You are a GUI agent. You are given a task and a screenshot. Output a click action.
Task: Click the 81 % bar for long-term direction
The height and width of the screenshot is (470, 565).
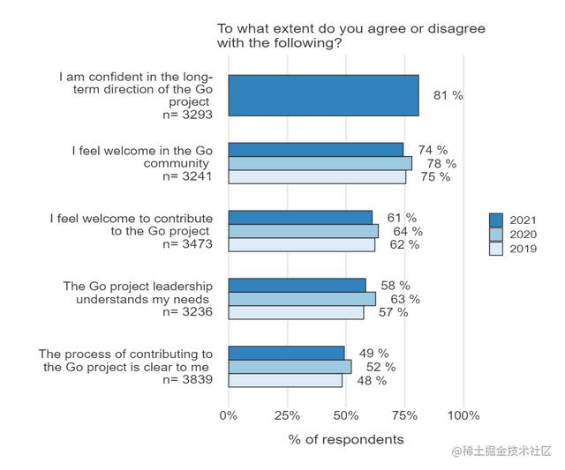323,95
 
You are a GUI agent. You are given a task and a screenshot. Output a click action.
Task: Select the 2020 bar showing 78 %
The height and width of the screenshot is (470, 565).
320,163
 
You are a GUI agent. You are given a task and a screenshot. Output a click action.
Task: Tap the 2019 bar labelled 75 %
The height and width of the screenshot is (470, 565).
317,176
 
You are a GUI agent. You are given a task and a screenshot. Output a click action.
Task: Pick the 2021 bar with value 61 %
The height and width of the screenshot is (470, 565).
300,218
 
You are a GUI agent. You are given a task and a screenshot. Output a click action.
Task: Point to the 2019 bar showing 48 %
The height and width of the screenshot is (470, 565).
285,380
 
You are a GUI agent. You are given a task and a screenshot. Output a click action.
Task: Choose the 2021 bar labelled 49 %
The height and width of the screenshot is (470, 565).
286,353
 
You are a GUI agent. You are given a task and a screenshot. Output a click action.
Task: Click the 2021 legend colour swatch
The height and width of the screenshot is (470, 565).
496,220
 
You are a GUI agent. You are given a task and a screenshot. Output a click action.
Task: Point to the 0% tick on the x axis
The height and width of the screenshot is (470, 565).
229,415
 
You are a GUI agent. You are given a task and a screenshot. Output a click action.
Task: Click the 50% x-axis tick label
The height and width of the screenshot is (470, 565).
346,415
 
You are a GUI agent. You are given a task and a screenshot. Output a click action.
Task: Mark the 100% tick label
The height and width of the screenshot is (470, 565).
463,415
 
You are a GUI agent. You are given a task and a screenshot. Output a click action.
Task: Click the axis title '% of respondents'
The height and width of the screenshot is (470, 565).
346,439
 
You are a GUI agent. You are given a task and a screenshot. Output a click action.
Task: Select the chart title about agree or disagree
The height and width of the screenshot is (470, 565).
351,35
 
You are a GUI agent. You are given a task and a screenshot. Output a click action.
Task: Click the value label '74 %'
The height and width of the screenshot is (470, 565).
433,150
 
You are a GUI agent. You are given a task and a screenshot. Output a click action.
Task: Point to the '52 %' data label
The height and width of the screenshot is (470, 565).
380,367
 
